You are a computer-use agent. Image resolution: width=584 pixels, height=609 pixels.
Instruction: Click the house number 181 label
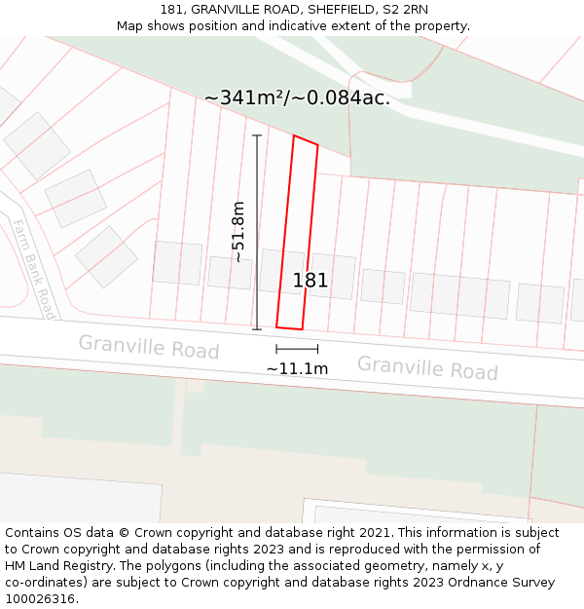tap(310, 281)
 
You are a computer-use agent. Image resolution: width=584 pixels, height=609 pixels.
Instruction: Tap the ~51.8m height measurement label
tap(238, 232)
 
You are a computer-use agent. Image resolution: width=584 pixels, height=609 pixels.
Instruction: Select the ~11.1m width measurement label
tap(297, 368)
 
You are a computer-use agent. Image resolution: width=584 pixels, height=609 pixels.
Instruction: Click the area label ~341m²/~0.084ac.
tap(297, 98)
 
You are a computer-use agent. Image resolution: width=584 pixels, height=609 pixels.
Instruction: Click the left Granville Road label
tap(149, 346)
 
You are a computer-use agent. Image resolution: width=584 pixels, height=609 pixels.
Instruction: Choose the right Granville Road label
tap(427, 367)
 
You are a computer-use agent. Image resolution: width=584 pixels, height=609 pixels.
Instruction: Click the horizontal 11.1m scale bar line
tap(297, 348)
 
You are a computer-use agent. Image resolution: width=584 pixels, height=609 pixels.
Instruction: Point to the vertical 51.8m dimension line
tap(257, 232)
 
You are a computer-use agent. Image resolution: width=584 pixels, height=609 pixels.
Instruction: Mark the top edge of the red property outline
tap(306, 140)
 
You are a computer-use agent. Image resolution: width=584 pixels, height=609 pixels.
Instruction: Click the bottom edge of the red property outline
tap(290, 328)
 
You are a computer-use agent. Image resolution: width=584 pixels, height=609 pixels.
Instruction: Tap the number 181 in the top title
tap(172, 10)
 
